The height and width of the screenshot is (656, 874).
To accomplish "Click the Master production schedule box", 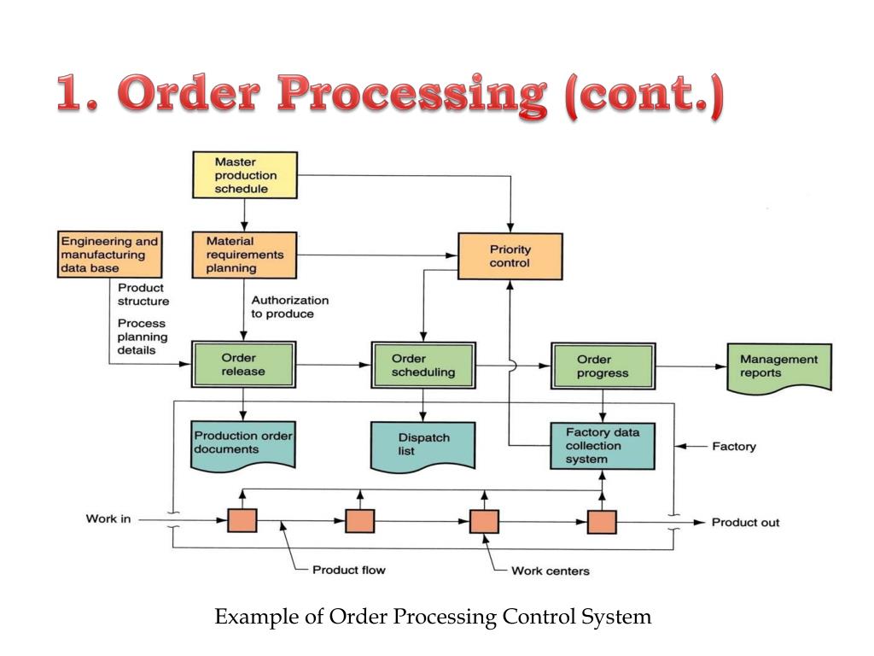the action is point(245,174).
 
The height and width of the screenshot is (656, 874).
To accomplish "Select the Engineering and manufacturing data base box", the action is point(110,255).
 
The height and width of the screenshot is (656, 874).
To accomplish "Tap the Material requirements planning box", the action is point(244,255).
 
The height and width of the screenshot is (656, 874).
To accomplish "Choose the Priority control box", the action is point(510,256).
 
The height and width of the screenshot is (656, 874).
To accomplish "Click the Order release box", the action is point(243,364).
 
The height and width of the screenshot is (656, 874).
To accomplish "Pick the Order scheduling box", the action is point(423,365).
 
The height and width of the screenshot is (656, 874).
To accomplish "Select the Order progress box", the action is point(603,366).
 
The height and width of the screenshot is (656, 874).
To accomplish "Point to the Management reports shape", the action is point(779,369).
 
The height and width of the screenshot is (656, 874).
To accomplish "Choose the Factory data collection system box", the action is point(603,446).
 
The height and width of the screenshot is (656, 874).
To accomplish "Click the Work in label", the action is point(108,518).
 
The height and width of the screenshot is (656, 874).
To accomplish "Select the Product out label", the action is point(745,523).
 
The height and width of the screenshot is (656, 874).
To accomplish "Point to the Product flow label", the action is point(349,570).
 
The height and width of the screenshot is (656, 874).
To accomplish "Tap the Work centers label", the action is point(551,571).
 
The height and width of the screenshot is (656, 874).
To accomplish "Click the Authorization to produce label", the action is point(290,307).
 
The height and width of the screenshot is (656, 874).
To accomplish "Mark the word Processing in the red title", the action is point(412,94).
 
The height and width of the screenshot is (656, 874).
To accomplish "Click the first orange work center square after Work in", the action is point(242,520).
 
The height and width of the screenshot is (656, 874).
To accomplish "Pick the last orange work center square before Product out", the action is point(602,522).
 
